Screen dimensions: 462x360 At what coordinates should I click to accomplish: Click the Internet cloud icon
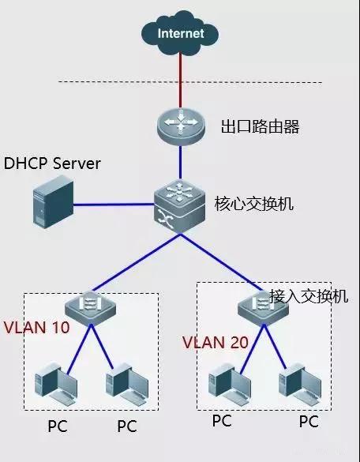tap(180, 33)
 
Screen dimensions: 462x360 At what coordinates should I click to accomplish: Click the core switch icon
tap(180, 203)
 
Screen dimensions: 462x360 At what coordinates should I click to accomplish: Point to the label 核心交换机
tap(253, 203)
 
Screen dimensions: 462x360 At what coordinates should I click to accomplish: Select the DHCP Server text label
tap(53, 163)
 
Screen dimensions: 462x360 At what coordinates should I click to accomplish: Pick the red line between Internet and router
tap(180, 79)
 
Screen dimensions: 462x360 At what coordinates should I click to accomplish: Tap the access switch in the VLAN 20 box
tap(261, 303)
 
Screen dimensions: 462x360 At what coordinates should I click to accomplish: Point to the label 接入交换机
tap(308, 296)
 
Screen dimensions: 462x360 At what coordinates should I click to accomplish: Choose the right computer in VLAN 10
tap(126, 386)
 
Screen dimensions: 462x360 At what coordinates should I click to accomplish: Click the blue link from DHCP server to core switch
tap(114, 204)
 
